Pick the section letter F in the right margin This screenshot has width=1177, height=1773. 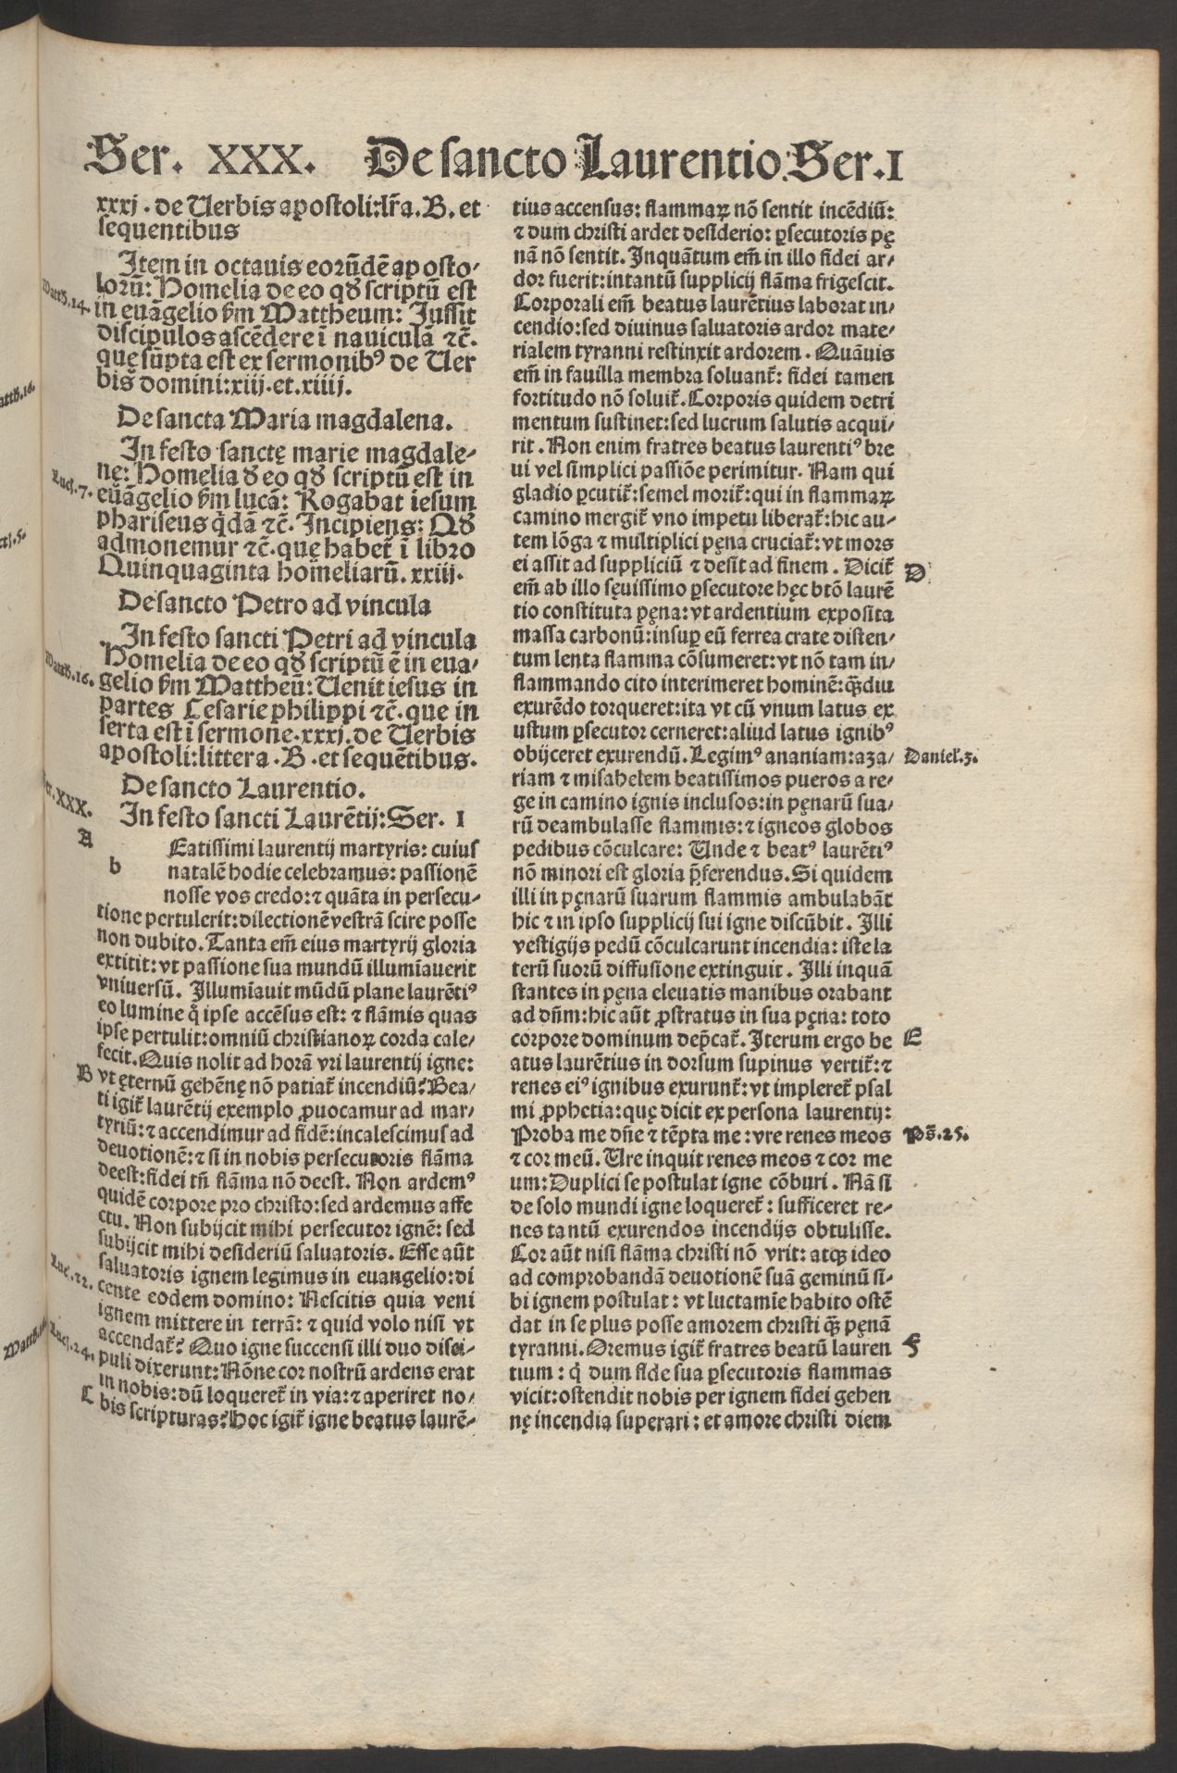(911, 1348)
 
